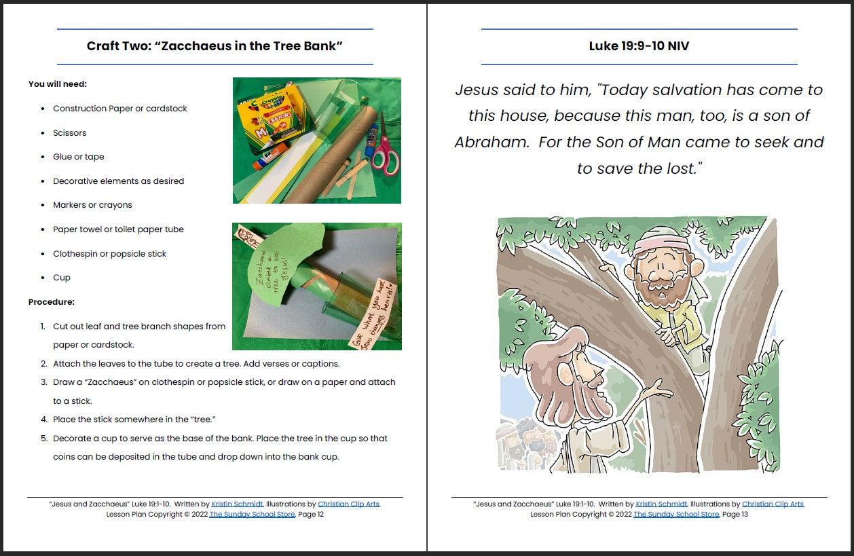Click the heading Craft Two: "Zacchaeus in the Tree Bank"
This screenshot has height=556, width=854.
(215, 46)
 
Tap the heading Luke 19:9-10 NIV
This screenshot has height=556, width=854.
(639, 46)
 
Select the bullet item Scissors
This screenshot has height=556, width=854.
(70, 133)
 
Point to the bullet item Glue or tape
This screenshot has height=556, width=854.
(79, 157)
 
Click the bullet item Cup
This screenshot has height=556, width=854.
(62, 278)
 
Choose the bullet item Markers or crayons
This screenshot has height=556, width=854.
(92, 205)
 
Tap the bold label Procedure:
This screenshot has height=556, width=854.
(52, 302)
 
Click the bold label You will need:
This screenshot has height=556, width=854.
(58, 84)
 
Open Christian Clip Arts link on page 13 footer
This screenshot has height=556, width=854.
(773, 504)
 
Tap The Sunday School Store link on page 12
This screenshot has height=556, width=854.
(252, 515)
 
